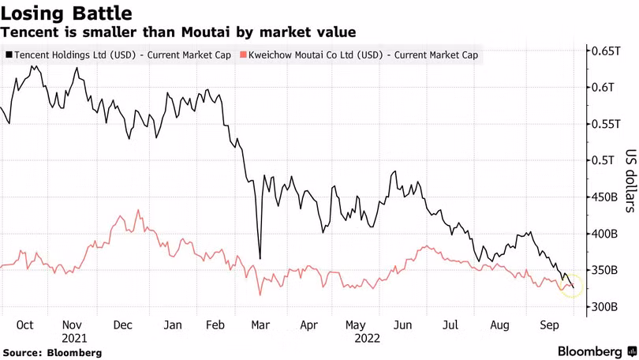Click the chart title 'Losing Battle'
click(66, 13)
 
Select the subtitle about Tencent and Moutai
click(178, 32)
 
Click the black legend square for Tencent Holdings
click(9, 55)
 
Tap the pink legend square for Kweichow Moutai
click(243, 55)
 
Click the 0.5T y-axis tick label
click(603, 160)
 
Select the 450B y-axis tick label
click(605, 197)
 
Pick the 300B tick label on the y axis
click(605, 306)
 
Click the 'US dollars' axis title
click(631, 181)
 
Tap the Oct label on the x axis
click(25, 325)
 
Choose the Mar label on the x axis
click(260, 325)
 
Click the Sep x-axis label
click(549, 325)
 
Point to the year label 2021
click(74, 339)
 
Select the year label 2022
click(367, 339)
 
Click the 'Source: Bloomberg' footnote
click(52, 353)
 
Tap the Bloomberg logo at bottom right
click(597, 351)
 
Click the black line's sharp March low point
click(260, 258)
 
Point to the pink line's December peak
click(138, 210)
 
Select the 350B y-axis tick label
click(605, 270)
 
